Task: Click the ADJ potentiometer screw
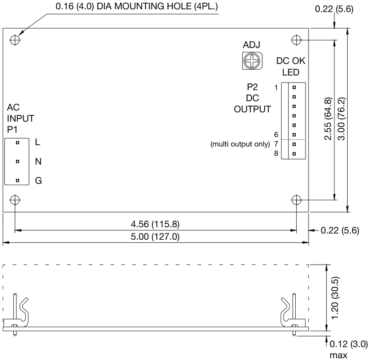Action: click(251, 60)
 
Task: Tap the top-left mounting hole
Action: click(16, 40)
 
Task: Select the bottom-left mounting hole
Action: click(16, 199)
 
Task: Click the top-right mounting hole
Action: click(297, 40)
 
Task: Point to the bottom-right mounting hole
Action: click(297, 199)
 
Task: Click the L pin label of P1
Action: click(38, 142)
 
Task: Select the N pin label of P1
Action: click(38, 162)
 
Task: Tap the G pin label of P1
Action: click(38, 181)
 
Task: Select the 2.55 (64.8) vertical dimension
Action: click(329, 119)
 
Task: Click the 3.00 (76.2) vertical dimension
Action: click(342, 119)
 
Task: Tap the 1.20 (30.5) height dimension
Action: click(336, 297)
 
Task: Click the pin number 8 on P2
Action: click(276, 154)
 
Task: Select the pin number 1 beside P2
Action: click(276, 87)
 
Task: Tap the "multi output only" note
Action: click(240, 144)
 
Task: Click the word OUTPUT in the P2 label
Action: click(252, 109)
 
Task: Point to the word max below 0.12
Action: click(336, 355)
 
